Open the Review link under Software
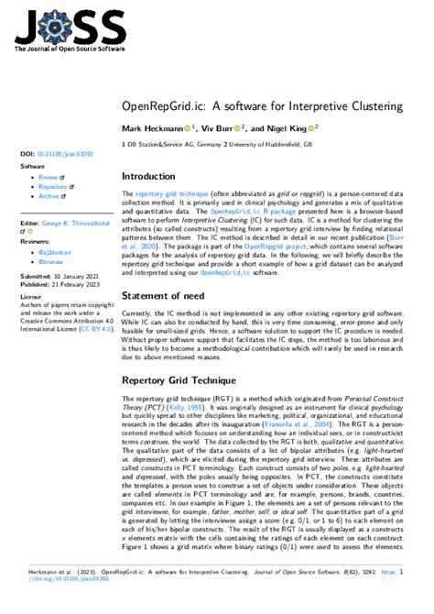[x=49, y=177]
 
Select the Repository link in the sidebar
[x=53, y=187]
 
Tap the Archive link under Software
[x=49, y=196]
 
